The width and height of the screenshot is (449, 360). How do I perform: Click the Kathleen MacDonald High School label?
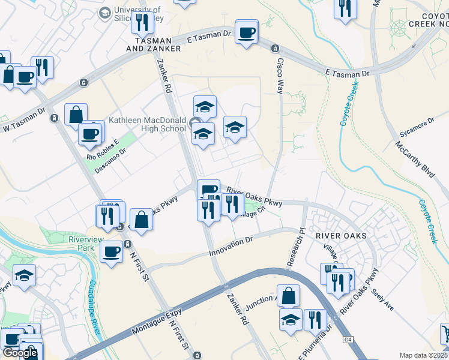coord(147,124)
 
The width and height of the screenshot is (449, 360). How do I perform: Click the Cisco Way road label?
coord(279,74)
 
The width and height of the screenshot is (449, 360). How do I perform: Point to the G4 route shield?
coord(348,340)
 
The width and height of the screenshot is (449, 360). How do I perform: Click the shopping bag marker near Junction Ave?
coord(288,296)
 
